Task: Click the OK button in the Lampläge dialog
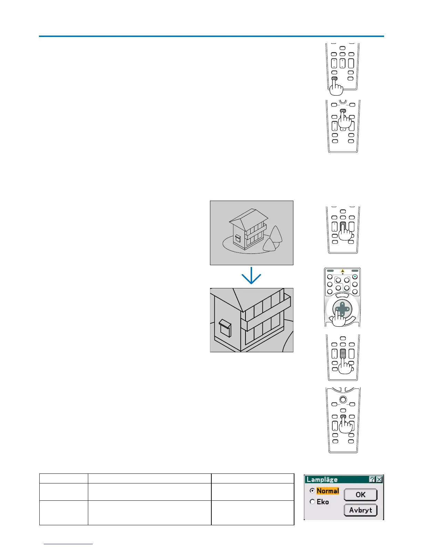(x=360, y=495)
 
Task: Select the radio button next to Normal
(x=312, y=491)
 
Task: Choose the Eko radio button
(x=312, y=502)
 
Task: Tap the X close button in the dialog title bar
(x=379, y=479)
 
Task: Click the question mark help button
(x=372, y=479)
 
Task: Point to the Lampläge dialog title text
(x=322, y=479)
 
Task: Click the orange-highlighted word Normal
(x=328, y=491)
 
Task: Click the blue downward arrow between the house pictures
(x=251, y=276)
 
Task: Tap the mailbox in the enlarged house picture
(x=225, y=328)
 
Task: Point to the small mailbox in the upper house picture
(x=238, y=239)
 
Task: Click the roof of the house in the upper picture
(x=248, y=216)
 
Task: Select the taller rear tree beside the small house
(x=277, y=235)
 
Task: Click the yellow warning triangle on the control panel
(x=342, y=271)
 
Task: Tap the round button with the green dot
(x=354, y=277)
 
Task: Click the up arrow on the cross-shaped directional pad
(x=342, y=304)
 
